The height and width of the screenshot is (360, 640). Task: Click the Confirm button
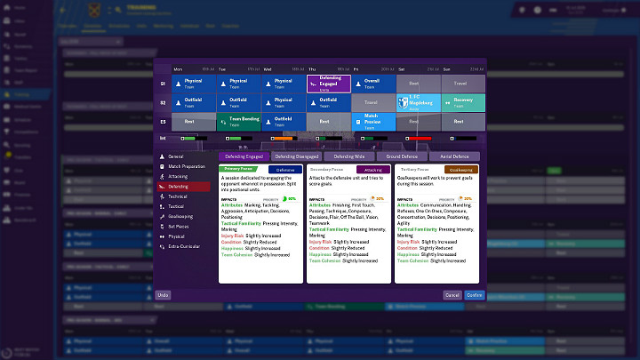click(474, 294)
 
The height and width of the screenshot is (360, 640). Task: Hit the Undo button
click(163, 294)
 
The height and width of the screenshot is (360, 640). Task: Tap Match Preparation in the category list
click(188, 166)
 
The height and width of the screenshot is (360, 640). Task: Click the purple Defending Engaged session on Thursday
click(329, 83)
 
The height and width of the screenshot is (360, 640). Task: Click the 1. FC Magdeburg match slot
click(418, 102)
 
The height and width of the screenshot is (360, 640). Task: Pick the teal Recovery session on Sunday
click(463, 102)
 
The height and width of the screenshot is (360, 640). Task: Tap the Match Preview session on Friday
click(373, 121)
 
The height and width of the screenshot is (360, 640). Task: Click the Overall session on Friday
click(373, 83)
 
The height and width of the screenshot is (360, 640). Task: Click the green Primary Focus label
click(239, 168)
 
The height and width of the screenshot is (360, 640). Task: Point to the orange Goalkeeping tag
click(461, 168)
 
